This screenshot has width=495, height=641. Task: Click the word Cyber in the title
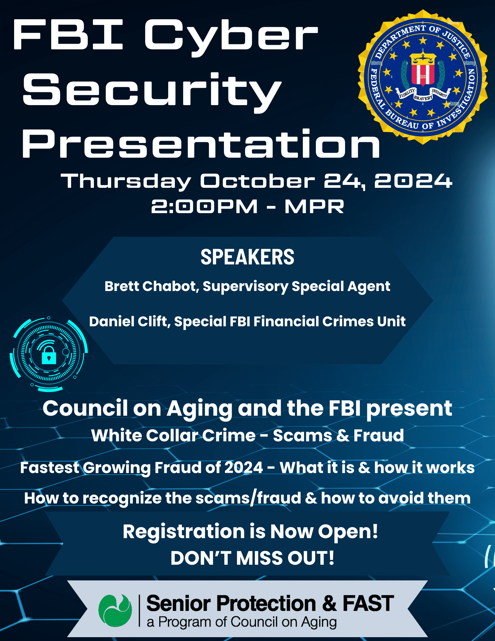click(231, 37)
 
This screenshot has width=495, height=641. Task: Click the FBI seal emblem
click(423, 77)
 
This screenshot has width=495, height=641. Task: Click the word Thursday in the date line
click(126, 181)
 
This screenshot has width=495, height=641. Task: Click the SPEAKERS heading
click(247, 257)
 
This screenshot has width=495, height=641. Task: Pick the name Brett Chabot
click(150, 286)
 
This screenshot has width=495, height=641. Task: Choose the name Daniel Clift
click(129, 321)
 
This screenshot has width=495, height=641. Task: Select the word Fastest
click(50, 468)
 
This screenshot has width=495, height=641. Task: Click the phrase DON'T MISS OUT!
click(252, 558)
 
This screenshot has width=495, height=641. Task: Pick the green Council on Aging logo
click(115, 611)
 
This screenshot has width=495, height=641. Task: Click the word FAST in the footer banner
click(368, 604)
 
